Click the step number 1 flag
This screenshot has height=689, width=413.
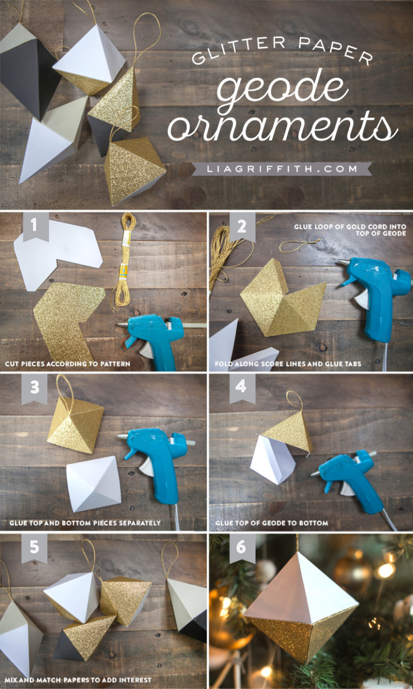[x=34, y=226]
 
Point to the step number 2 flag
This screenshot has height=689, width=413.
[x=242, y=226]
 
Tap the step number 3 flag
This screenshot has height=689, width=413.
[x=34, y=388]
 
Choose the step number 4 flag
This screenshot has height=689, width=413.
[x=242, y=388]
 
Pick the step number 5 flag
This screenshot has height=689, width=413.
[x=34, y=548]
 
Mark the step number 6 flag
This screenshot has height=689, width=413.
[x=242, y=548]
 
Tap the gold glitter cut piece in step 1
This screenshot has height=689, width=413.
[x=68, y=314]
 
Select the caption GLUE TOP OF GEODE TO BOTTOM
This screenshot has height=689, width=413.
[x=272, y=523]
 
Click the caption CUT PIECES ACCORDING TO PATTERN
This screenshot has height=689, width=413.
[x=67, y=363]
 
